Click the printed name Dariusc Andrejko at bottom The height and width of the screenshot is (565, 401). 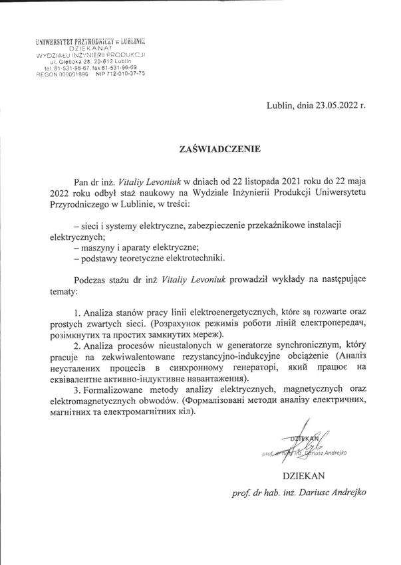(x=330, y=495)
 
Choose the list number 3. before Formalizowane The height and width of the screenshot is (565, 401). (x=78, y=390)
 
